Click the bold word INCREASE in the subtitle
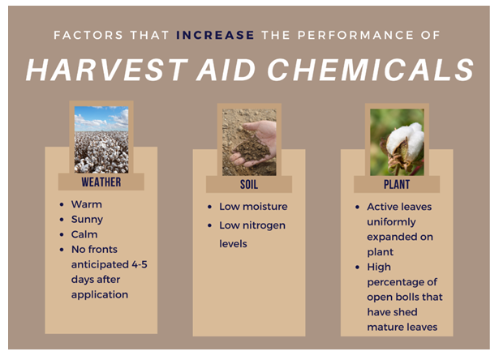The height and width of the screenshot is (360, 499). click(x=215, y=35)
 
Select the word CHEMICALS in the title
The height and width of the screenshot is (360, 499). click(x=371, y=70)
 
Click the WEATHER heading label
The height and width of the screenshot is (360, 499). click(x=101, y=182)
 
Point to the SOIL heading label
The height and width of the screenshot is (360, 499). click(x=249, y=184)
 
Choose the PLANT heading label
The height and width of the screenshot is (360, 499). click(x=397, y=184)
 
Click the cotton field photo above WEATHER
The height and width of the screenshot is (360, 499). click(x=101, y=139)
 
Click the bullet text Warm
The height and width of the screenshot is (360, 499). click(x=87, y=204)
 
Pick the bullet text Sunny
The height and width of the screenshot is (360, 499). click(x=87, y=220)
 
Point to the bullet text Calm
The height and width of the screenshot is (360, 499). click(x=84, y=234)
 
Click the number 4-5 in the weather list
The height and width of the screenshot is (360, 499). click(x=140, y=264)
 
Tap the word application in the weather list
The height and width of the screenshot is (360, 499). click(x=100, y=295)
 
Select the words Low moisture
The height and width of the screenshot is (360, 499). click(x=253, y=207)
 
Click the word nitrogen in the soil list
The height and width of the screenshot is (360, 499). click(x=264, y=225)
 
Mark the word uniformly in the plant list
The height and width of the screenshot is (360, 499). click(x=391, y=222)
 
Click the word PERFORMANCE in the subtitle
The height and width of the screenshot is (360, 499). click(x=356, y=35)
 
